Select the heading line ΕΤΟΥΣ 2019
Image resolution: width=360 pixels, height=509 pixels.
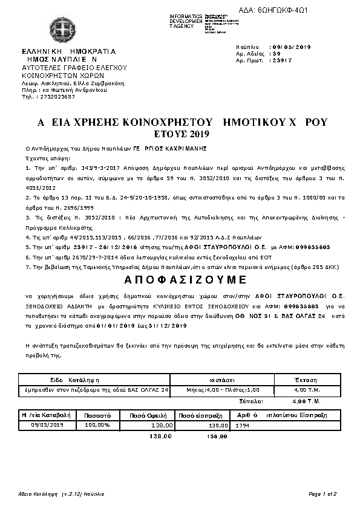pyautogui.click(x=180, y=133)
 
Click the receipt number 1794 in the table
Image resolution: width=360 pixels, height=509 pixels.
pyautogui.click(x=242, y=426)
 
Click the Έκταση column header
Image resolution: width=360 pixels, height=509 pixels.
pyautogui.click(x=305, y=380)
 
